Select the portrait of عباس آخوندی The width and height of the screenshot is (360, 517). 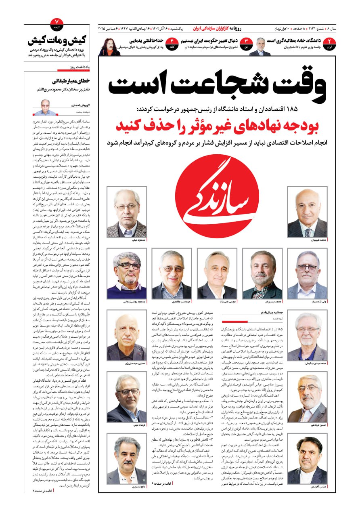(x=308, y=460)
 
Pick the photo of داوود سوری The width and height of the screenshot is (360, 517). (x=126, y=460)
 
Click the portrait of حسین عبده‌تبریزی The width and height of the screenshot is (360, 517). (x=126, y=338)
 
